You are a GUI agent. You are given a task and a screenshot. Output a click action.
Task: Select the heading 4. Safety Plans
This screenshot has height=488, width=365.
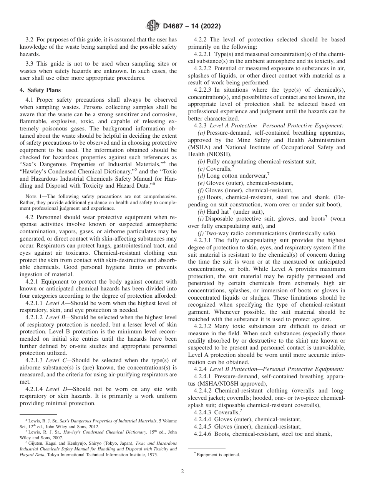coord(40,91)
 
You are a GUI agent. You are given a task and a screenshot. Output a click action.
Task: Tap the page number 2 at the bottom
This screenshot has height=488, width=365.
coord(182,472)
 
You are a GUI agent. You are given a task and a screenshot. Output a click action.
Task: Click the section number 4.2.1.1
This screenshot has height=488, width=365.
coord(34,303)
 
